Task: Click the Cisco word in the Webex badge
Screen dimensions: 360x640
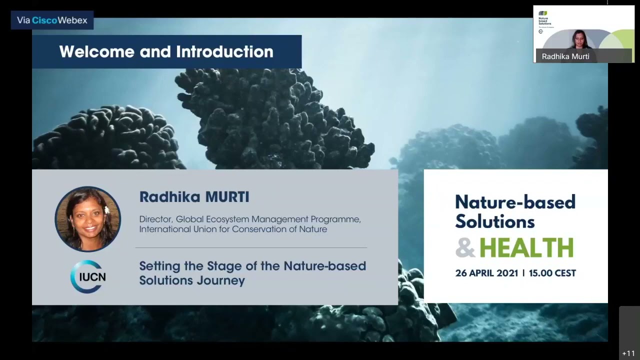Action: click(44, 20)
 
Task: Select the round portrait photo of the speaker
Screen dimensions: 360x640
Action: click(88, 219)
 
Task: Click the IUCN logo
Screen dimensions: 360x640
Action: click(88, 276)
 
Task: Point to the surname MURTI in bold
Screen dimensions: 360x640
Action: click(226, 197)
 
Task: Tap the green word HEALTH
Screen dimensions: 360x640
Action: click(526, 248)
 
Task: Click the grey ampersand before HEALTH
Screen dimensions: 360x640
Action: click(465, 248)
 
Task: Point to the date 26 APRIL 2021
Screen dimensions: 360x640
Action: click(486, 273)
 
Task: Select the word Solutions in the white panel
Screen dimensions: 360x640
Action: click(494, 221)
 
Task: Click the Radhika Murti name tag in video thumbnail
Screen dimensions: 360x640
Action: click(565, 56)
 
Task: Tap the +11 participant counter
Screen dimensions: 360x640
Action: click(628, 353)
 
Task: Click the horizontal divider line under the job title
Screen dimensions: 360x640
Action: click(251, 247)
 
